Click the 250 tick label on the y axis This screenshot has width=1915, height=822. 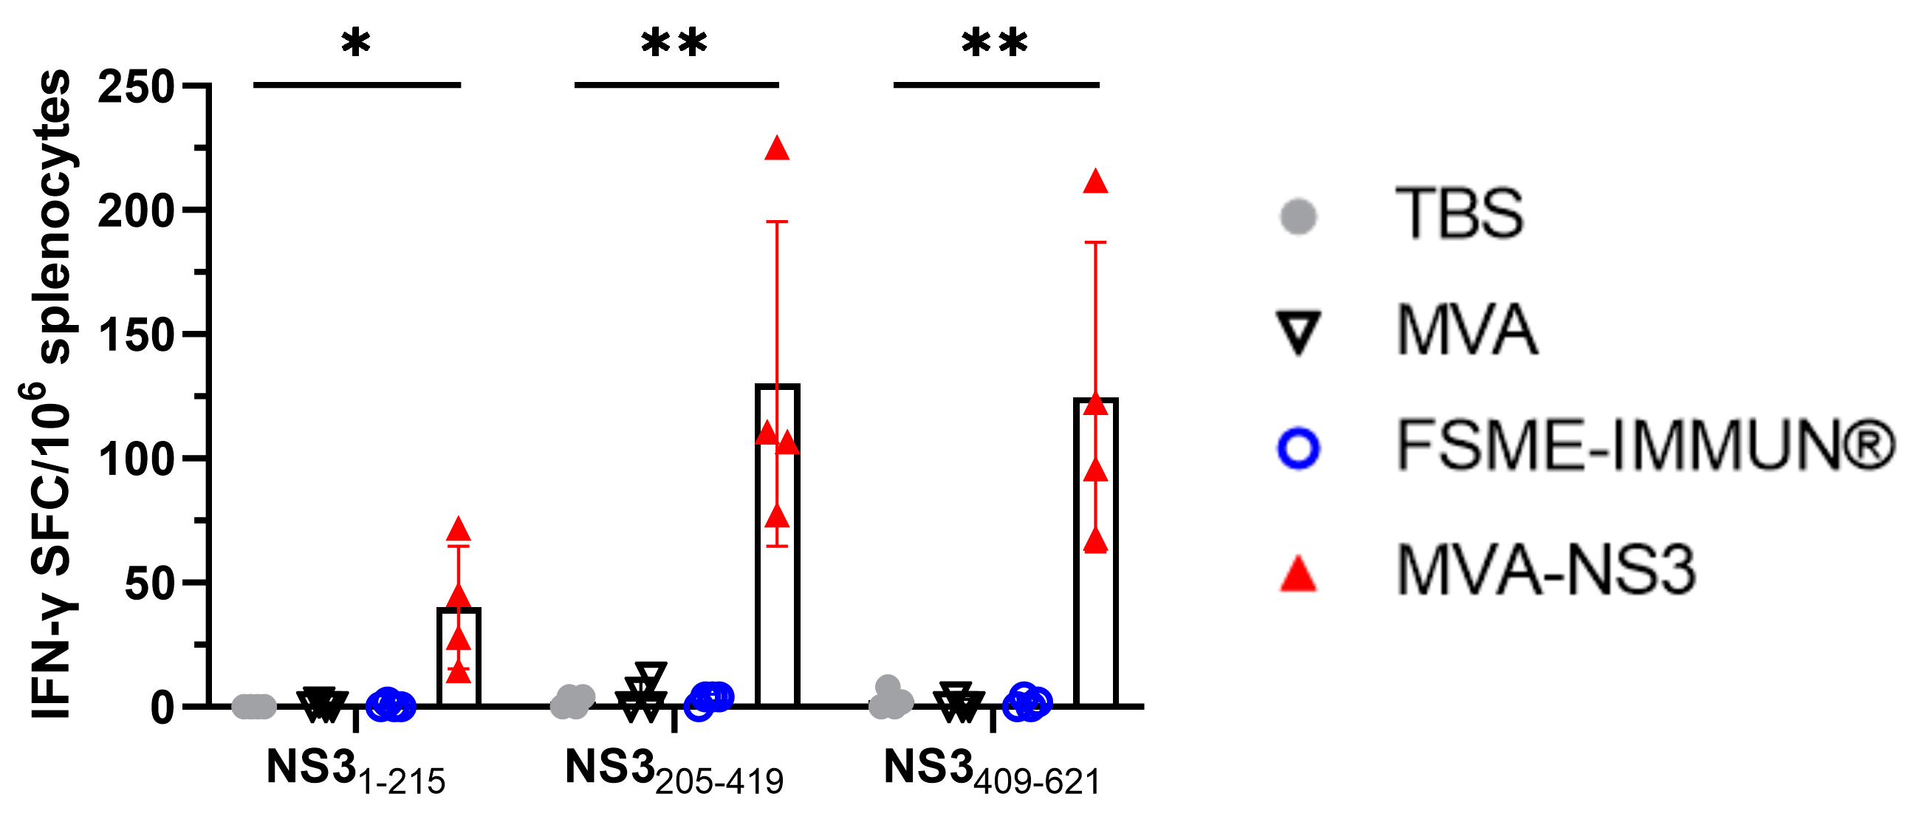pos(136,87)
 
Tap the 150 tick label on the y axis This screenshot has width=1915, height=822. pos(136,335)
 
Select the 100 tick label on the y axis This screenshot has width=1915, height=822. pos(136,459)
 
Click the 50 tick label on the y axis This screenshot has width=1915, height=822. pos(149,583)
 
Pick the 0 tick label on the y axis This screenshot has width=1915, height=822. pos(162,708)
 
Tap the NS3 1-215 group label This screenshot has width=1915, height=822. pos(355,770)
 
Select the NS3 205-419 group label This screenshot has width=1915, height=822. pos(674,770)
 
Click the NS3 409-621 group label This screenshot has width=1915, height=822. pos(992,770)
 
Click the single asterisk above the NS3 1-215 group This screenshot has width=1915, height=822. pos(356,43)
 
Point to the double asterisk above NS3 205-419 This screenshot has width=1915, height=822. pos(674,43)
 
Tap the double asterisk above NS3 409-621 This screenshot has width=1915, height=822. pos(995,43)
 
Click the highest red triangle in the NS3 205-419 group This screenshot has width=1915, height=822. pos(777,148)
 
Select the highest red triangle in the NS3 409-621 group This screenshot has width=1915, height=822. pos(1096,182)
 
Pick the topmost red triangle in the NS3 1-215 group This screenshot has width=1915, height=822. pos(459,530)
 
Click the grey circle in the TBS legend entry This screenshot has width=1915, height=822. pos(1298,216)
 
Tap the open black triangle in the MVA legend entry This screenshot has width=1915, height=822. pos(1298,332)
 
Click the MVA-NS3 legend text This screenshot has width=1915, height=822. pos(1546,570)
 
